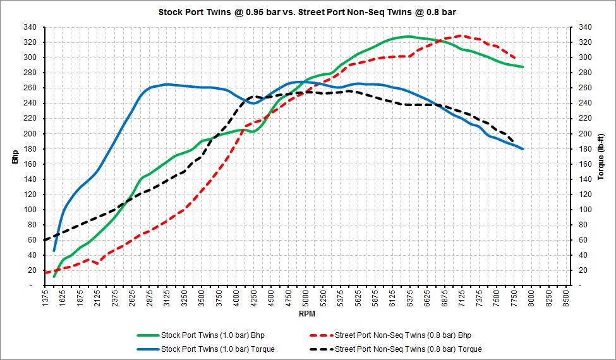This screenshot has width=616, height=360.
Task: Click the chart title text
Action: click(x=307, y=12)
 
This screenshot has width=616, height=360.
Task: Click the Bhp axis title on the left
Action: click(x=15, y=157)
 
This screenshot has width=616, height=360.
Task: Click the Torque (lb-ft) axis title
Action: click(x=601, y=157)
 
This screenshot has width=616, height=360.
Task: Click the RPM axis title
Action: click(x=307, y=314)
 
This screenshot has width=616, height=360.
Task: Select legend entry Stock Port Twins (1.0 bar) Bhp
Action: click(x=212, y=335)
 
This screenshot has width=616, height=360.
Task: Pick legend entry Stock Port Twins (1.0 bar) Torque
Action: click(x=217, y=349)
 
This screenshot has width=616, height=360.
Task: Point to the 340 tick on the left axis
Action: click(x=31, y=27)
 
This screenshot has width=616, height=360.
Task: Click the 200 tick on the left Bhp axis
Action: click(x=31, y=134)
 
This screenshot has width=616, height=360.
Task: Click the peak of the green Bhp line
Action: click(x=409, y=37)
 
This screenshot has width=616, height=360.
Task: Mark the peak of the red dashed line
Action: click(x=461, y=35)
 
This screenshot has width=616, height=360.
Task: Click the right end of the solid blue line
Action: click(x=522, y=149)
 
